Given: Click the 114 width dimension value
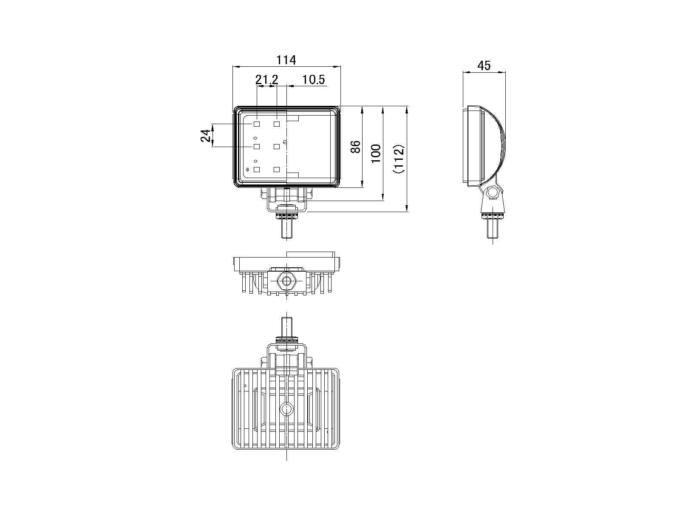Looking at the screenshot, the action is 286,60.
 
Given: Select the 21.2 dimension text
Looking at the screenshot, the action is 267,80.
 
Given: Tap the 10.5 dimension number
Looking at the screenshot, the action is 314,80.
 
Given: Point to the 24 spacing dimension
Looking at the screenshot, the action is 206,135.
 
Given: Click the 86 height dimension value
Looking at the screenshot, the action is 356,147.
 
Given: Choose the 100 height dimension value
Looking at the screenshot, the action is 375,154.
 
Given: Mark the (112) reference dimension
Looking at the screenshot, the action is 399,159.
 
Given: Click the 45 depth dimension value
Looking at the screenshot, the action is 484,65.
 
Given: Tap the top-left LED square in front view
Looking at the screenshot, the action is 257,124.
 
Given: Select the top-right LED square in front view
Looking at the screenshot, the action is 277,124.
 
